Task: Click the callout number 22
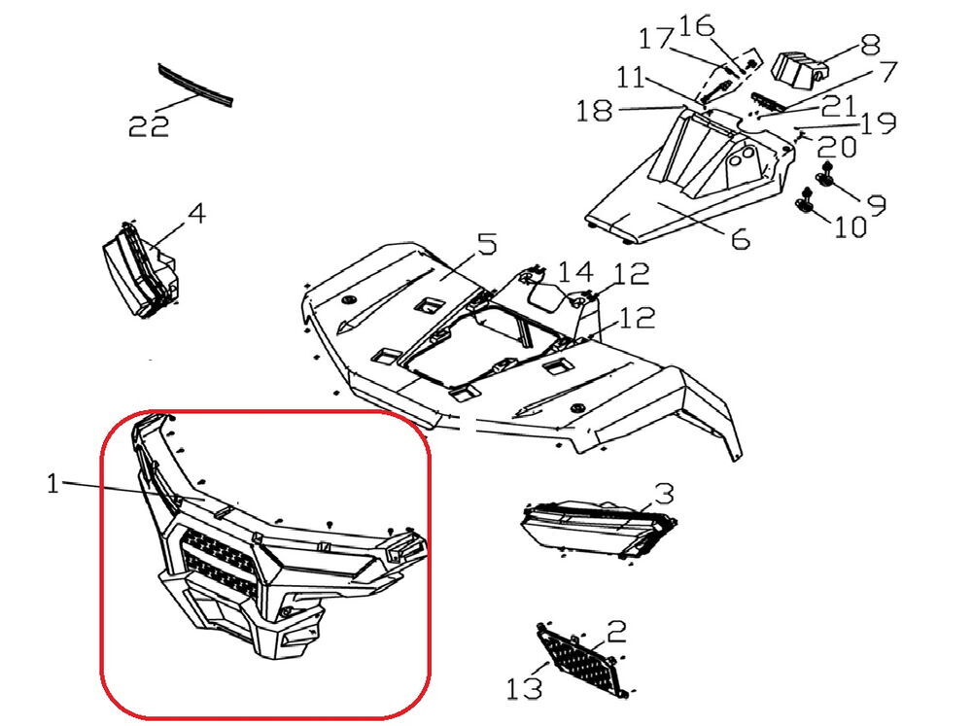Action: coord(149,125)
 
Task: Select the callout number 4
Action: coord(196,213)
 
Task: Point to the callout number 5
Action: coord(487,242)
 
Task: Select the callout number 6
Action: coord(738,237)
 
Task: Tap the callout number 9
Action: coord(875,203)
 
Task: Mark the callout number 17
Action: coord(654,40)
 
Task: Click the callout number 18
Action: coord(595,111)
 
